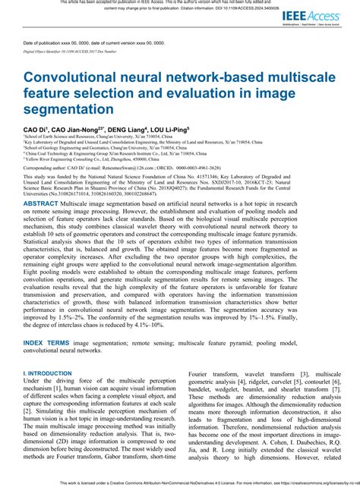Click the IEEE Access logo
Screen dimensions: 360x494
(x=321, y=16)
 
